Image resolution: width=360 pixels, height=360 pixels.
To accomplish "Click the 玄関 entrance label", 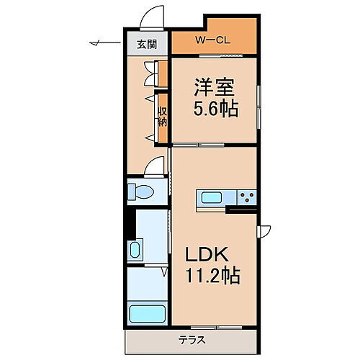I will pyautogui.click(x=148, y=43).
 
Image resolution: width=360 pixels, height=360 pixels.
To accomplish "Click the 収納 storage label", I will pyautogui.click(x=163, y=115).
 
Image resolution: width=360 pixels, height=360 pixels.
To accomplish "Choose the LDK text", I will pyautogui.click(x=209, y=255).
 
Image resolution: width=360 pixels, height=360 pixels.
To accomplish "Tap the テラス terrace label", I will pyautogui.click(x=192, y=341).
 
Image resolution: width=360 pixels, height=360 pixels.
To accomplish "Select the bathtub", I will pyautogui.click(x=146, y=313).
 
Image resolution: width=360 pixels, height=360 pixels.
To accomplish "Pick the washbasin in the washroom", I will pyautogui.click(x=135, y=251).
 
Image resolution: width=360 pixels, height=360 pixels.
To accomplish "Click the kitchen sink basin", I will pyautogui.click(x=214, y=197).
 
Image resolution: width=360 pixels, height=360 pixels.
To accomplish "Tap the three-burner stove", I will pyautogui.click(x=248, y=197).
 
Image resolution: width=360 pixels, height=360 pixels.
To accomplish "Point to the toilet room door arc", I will pyautogui.click(x=153, y=167).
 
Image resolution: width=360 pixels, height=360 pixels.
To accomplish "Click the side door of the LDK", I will pyautogui.click(x=264, y=231).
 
